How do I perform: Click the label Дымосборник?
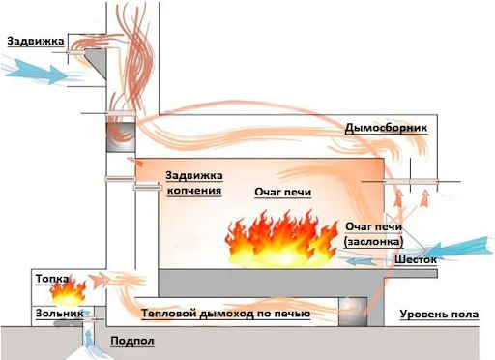pos(386,128)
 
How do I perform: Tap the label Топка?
pos(52,279)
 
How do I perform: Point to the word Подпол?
pos(132,341)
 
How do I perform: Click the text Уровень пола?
pos(439,315)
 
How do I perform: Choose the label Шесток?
pos(416,259)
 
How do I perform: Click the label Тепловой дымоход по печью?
pos(226,314)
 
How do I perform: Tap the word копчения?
pos(194,191)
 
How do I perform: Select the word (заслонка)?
pos(374,242)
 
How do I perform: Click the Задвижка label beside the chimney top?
pos(36,42)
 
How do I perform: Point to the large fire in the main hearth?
pos(281,239)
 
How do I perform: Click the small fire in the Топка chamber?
pos(69,292)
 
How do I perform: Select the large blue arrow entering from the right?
pos(457,249)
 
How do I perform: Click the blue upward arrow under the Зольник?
pos(88,337)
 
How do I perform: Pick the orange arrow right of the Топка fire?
pos(99,280)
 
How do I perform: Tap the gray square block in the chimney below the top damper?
pos(121,137)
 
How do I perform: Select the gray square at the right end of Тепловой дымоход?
pos(353,313)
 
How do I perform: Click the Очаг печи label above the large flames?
pos(283,193)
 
